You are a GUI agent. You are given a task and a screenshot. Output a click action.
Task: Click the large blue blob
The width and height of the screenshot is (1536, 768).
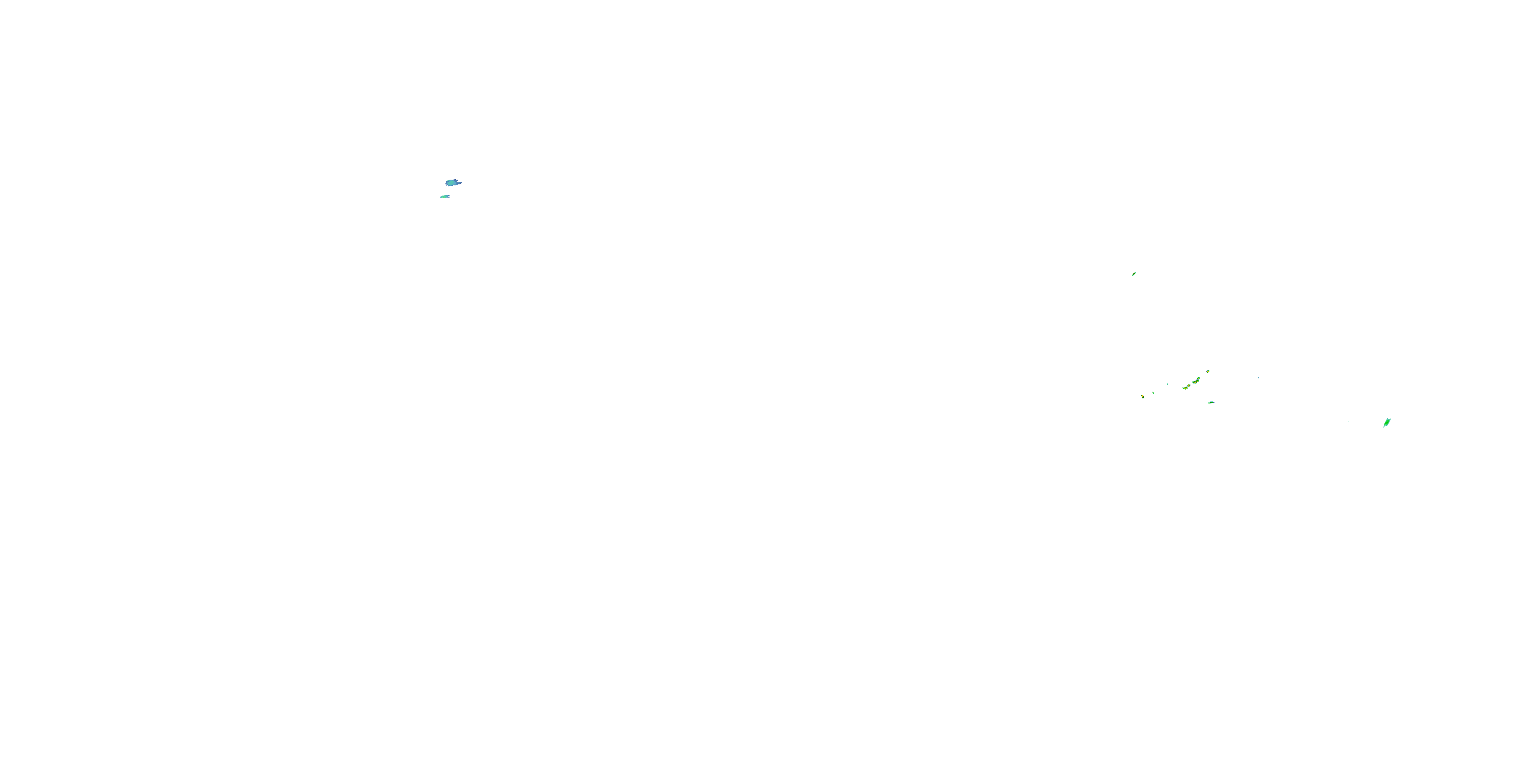(453, 182)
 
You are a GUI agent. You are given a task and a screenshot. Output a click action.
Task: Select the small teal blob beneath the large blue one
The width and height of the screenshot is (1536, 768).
(445, 196)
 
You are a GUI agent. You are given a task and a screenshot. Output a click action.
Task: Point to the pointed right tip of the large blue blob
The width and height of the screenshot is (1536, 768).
(461, 182)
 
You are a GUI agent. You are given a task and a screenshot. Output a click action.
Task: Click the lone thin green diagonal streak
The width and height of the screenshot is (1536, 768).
(1134, 274)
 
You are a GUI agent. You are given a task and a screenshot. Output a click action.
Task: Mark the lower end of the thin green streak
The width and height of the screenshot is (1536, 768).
(1132, 275)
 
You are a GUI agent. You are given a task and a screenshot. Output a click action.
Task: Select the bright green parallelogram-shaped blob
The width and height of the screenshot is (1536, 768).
(1387, 423)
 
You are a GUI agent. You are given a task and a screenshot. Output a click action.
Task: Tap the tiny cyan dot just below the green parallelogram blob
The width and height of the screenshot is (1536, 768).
(1384, 428)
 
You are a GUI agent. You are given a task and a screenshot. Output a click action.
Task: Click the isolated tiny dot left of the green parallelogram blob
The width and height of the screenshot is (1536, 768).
(1349, 421)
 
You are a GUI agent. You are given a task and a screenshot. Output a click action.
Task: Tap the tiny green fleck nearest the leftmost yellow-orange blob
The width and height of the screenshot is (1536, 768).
(1153, 392)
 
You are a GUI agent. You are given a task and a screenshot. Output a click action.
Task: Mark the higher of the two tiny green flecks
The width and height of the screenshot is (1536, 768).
(1167, 383)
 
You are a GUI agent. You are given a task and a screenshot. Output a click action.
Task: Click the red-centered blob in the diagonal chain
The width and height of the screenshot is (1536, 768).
(1188, 386)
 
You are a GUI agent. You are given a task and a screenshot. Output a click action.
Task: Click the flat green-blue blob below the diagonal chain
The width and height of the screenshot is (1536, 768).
(1211, 402)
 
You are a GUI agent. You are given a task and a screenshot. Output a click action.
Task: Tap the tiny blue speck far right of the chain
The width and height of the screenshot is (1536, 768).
(1258, 377)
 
